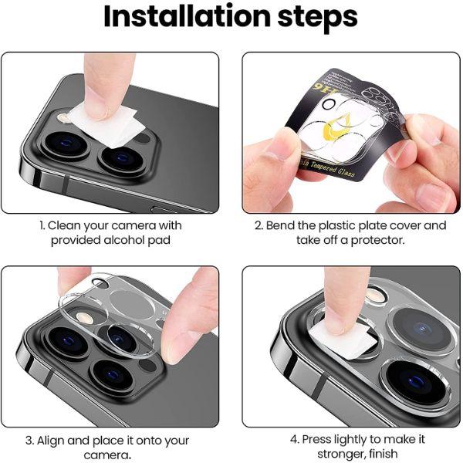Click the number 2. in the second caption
pyautogui.click(x=259, y=225)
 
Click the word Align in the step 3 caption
pyautogui.click(x=53, y=441)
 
